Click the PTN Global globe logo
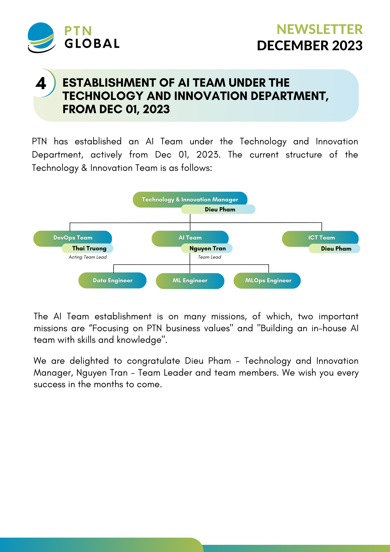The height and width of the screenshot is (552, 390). tap(41, 38)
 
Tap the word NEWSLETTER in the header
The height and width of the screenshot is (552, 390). tap(320, 29)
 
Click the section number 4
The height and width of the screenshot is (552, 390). tap(41, 83)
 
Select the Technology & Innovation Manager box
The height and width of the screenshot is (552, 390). tap(190, 200)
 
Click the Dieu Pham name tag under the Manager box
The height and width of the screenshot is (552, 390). tap(218, 209)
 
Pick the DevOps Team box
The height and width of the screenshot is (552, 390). tap(73, 238)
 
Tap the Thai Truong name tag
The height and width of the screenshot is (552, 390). tap(87, 248)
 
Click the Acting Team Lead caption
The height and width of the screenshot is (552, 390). tap(88, 257)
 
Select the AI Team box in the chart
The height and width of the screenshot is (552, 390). tap(190, 238)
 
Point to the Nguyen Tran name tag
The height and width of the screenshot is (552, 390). tap(207, 248)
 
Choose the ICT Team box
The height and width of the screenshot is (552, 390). tap(320, 238)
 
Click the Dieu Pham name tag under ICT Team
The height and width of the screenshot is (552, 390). tap(334, 248)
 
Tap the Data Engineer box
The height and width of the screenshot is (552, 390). tap(113, 280)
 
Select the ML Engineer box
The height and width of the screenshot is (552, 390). tap(190, 281)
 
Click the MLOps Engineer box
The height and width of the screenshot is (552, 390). tap(267, 281)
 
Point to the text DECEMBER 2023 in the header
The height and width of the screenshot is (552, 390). tap(310, 46)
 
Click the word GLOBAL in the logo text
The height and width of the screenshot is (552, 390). tap(92, 44)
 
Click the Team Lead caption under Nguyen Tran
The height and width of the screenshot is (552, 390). tap(210, 257)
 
